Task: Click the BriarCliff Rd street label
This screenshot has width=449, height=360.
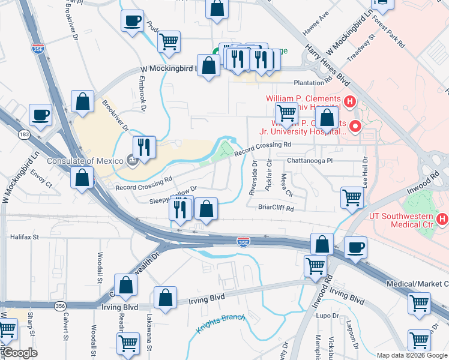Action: pos(276,209)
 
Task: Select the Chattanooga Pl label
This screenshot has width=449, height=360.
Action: pos(309,161)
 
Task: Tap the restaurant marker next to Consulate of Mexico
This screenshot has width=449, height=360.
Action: pos(144,147)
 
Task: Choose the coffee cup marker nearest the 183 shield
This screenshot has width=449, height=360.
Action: pos(41,116)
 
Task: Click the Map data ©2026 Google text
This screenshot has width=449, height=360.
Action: pos(412,355)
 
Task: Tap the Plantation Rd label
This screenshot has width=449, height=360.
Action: pos(313,83)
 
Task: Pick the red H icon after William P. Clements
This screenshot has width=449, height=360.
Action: pos(349,101)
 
